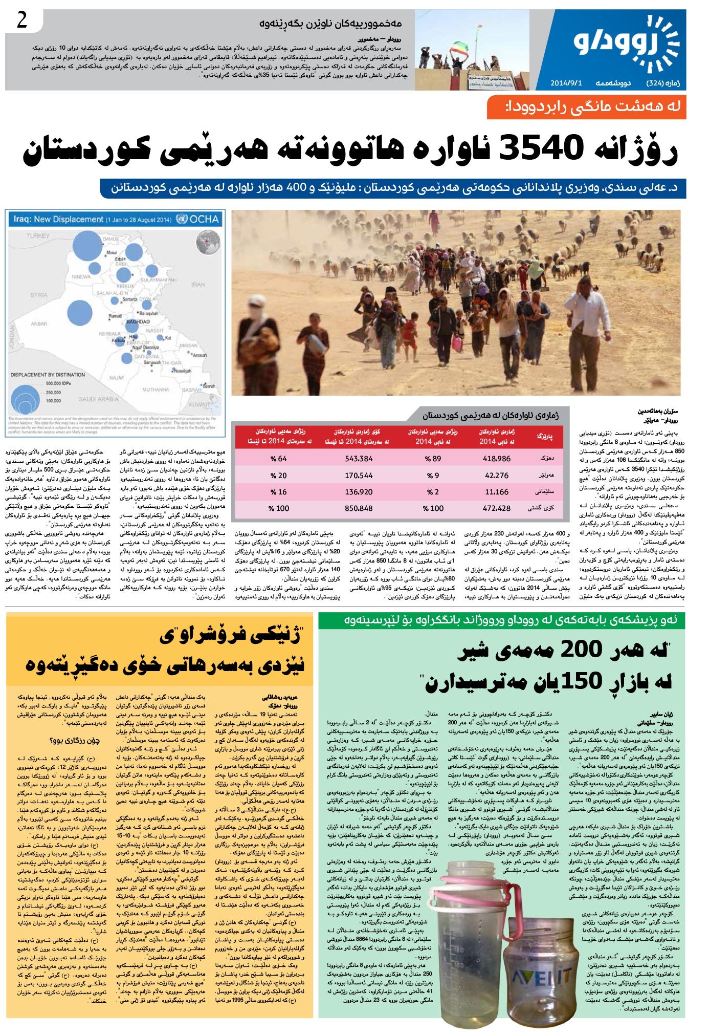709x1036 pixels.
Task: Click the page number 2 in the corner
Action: tap(22, 21)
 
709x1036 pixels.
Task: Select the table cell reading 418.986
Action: tap(496, 459)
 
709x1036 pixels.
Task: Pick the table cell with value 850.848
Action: tap(359, 508)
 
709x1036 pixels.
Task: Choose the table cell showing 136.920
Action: tap(359, 492)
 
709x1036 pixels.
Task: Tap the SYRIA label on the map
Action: tap(38, 295)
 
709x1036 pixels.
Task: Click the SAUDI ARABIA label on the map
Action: tap(98, 399)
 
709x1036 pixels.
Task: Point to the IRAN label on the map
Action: tap(198, 284)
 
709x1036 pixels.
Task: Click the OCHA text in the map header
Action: tap(205, 219)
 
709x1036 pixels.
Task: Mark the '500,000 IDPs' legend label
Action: tap(58, 383)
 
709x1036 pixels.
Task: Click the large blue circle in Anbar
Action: tap(80, 311)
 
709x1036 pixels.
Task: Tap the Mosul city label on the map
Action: tap(112, 252)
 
